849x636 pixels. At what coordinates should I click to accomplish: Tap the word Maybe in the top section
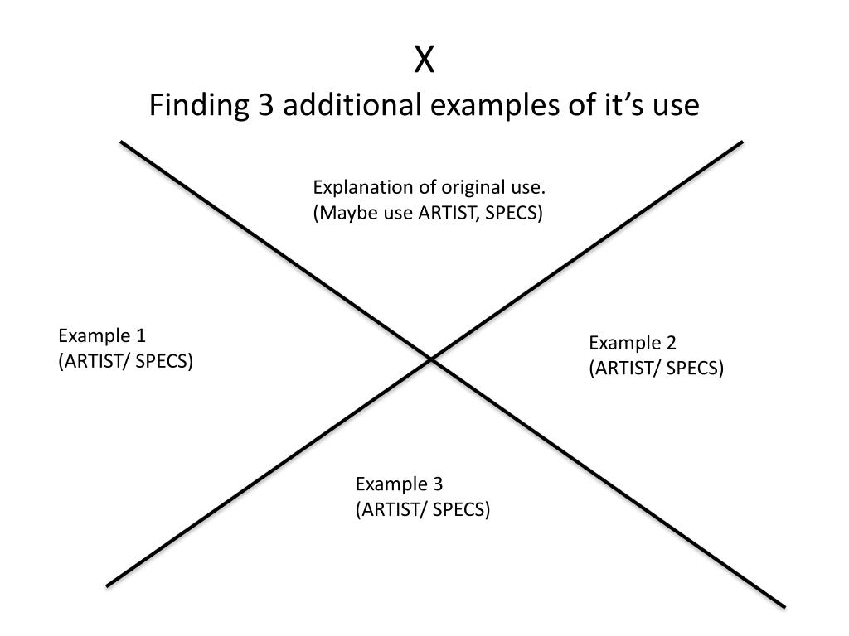pos(342,213)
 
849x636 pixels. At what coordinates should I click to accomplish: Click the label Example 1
pos(102,335)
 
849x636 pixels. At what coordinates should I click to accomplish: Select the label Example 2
pos(633,343)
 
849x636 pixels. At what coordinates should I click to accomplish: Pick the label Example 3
pos(400,484)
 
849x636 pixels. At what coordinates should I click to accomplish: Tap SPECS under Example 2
pos(695,369)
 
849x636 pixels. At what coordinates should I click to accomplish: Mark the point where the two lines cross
pos(431,359)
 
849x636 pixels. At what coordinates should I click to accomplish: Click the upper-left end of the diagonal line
pos(123,143)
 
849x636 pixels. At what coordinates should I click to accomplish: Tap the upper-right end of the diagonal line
pos(741,142)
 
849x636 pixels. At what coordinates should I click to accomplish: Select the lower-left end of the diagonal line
pos(109,585)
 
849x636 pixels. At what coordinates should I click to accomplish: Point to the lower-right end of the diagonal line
pos(783,606)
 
